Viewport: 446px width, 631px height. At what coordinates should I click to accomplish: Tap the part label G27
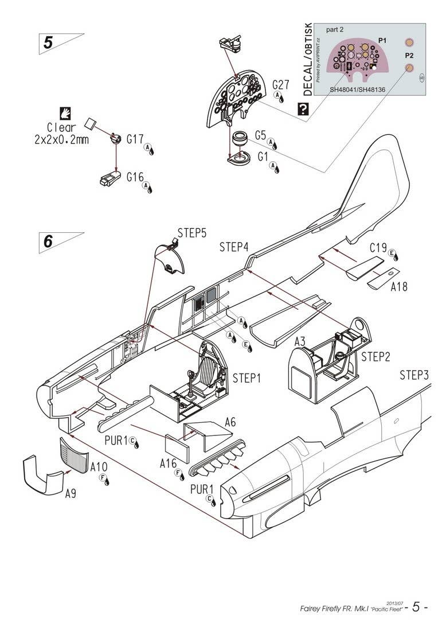(281, 84)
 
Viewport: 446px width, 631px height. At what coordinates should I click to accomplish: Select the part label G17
(135, 139)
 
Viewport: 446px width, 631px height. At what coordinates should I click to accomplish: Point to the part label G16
(135, 177)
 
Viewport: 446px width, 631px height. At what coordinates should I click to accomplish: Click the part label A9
(71, 493)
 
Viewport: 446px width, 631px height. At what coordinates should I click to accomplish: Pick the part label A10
(99, 468)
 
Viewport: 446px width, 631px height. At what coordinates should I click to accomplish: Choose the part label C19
(378, 248)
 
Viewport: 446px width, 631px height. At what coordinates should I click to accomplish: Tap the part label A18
(399, 286)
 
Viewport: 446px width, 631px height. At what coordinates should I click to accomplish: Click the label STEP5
(192, 233)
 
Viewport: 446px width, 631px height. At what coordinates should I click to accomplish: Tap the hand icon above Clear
(65, 114)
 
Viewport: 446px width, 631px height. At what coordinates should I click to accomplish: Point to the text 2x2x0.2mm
(61, 139)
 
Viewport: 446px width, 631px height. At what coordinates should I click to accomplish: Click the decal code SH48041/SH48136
(361, 90)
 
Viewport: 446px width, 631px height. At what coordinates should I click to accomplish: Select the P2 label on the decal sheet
(409, 56)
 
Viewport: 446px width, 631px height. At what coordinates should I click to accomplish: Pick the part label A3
(300, 342)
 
